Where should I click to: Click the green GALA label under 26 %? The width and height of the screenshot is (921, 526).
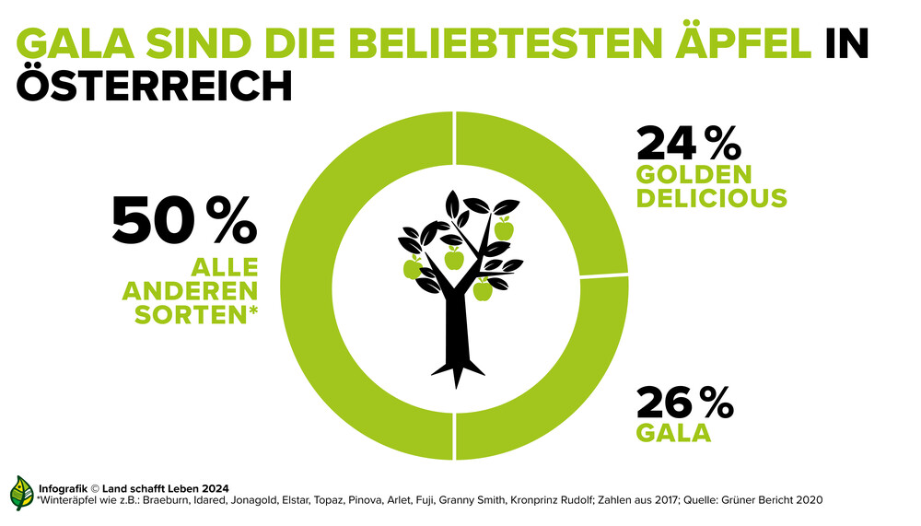pos(673,432)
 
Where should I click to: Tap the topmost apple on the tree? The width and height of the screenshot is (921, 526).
pos(503,228)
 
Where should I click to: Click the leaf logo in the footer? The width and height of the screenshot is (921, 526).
pos(20,494)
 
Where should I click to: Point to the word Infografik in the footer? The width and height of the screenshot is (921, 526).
pos(64,487)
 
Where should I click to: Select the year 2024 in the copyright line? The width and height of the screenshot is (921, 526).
pos(214,487)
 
